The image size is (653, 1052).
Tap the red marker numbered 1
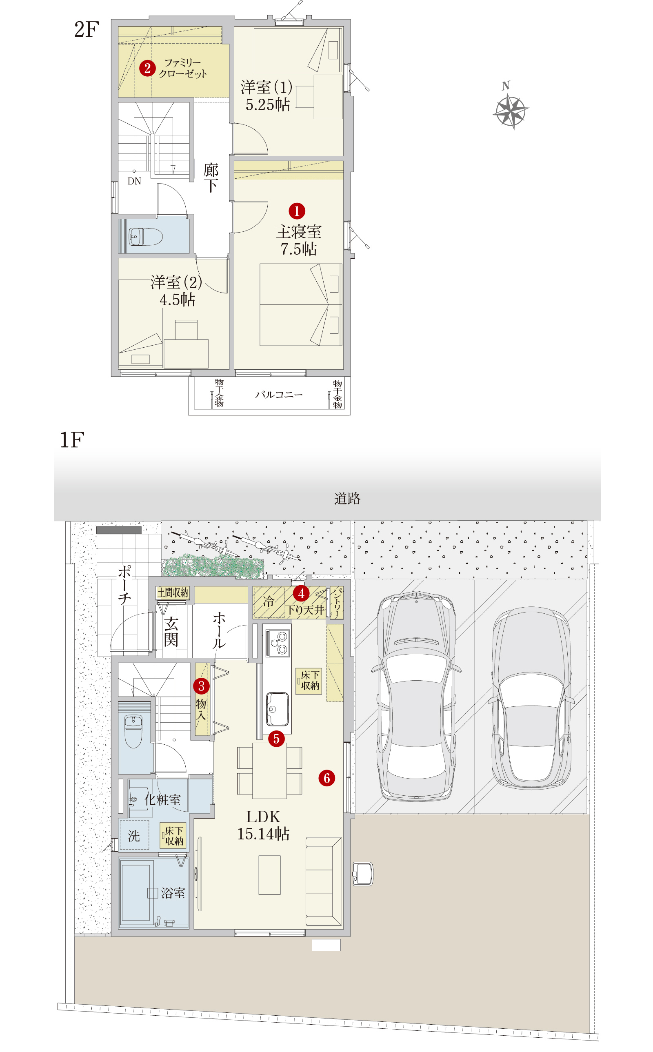click(297, 211)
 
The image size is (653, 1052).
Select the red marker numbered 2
click(147, 68)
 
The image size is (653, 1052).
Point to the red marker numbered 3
click(201, 686)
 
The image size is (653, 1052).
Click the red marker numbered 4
click(301, 594)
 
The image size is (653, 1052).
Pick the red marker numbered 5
click(276, 739)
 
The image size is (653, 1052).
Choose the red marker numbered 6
click(327, 778)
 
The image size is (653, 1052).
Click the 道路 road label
click(347, 499)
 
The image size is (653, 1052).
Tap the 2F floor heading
click(87, 29)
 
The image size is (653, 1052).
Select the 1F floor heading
click(72, 440)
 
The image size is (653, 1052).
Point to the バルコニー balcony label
click(279, 395)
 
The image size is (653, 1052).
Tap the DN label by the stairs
click(134, 181)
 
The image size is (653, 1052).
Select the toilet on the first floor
click(133, 731)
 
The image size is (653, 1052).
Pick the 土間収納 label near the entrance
click(173, 593)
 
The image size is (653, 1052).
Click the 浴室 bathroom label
click(173, 893)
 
